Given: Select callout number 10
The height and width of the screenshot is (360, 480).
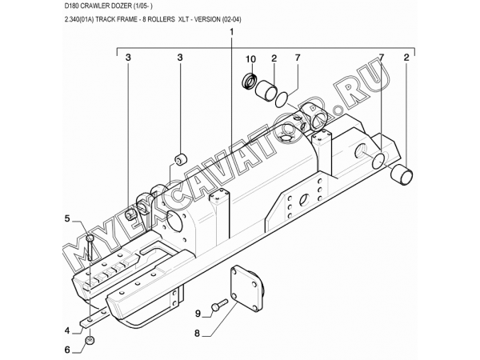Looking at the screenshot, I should click(250, 58).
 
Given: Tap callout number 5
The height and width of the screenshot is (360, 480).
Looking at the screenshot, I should click(68, 218).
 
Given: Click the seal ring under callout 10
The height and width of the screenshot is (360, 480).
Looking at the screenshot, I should click(251, 81).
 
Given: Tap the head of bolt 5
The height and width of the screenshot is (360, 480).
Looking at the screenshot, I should click(90, 238).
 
